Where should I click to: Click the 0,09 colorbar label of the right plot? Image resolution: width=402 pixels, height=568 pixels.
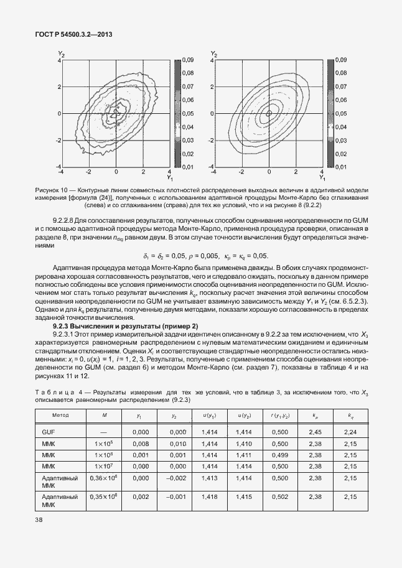(x=341, y=60)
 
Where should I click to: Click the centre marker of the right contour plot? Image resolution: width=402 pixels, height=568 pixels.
(x=268, y=114)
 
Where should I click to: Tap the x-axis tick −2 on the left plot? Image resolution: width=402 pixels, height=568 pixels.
(x=88, y=171)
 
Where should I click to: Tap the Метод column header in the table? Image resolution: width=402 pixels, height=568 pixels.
(x=61, y=414)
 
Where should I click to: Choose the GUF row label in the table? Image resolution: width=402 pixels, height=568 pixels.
(x=49, y=432)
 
